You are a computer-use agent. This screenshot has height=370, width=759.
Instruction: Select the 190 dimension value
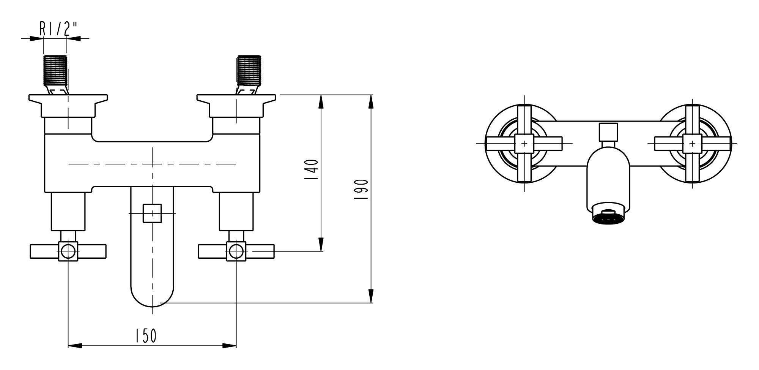[362, 190]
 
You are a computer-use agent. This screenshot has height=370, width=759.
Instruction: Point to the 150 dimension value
[145, 336]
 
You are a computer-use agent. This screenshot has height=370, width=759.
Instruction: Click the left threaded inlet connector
[56, 70]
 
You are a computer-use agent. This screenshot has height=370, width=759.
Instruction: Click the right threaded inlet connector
[249, 70]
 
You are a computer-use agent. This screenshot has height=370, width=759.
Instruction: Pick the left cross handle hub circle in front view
[68, 251]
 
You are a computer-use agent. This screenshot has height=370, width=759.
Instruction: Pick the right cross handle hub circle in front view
[236, 251]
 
